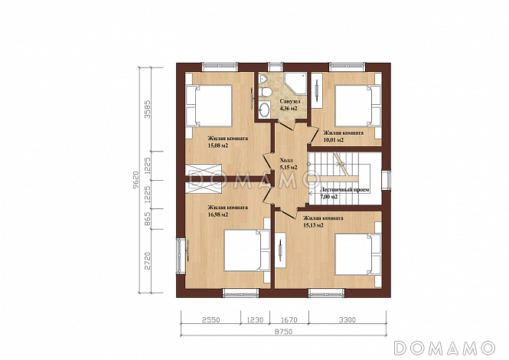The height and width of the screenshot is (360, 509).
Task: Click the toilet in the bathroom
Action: click(265, 92)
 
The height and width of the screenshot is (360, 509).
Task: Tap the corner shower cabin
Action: click(295, 83)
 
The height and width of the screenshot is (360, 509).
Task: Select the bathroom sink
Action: click(266, 110)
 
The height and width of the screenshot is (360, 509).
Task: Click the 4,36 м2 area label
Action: click(289, 109)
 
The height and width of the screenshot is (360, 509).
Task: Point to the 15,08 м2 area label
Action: click(218, 146)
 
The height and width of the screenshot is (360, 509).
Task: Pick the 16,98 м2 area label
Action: click(218, 214)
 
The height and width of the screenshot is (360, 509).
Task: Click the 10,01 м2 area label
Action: click(334, 140)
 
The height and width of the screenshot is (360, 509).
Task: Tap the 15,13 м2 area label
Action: click(313, 225)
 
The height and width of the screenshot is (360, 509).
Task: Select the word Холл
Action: click(286, 161)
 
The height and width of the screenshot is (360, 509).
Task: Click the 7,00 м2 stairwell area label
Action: click(329, 197)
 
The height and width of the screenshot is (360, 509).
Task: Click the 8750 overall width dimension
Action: click(284, 332)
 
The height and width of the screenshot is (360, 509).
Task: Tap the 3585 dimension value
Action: click(148, 110)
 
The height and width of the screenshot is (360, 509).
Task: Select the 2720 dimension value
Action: click(148, 260)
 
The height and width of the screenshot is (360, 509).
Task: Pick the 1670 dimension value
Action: click(289, 319)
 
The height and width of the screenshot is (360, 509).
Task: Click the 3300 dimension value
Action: click(347, 319)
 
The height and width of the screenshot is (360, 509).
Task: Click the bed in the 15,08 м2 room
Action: click(208, 106)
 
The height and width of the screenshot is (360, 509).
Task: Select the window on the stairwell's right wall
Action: click(386, 180)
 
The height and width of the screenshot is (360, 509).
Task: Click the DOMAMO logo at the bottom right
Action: click(445, 348)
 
